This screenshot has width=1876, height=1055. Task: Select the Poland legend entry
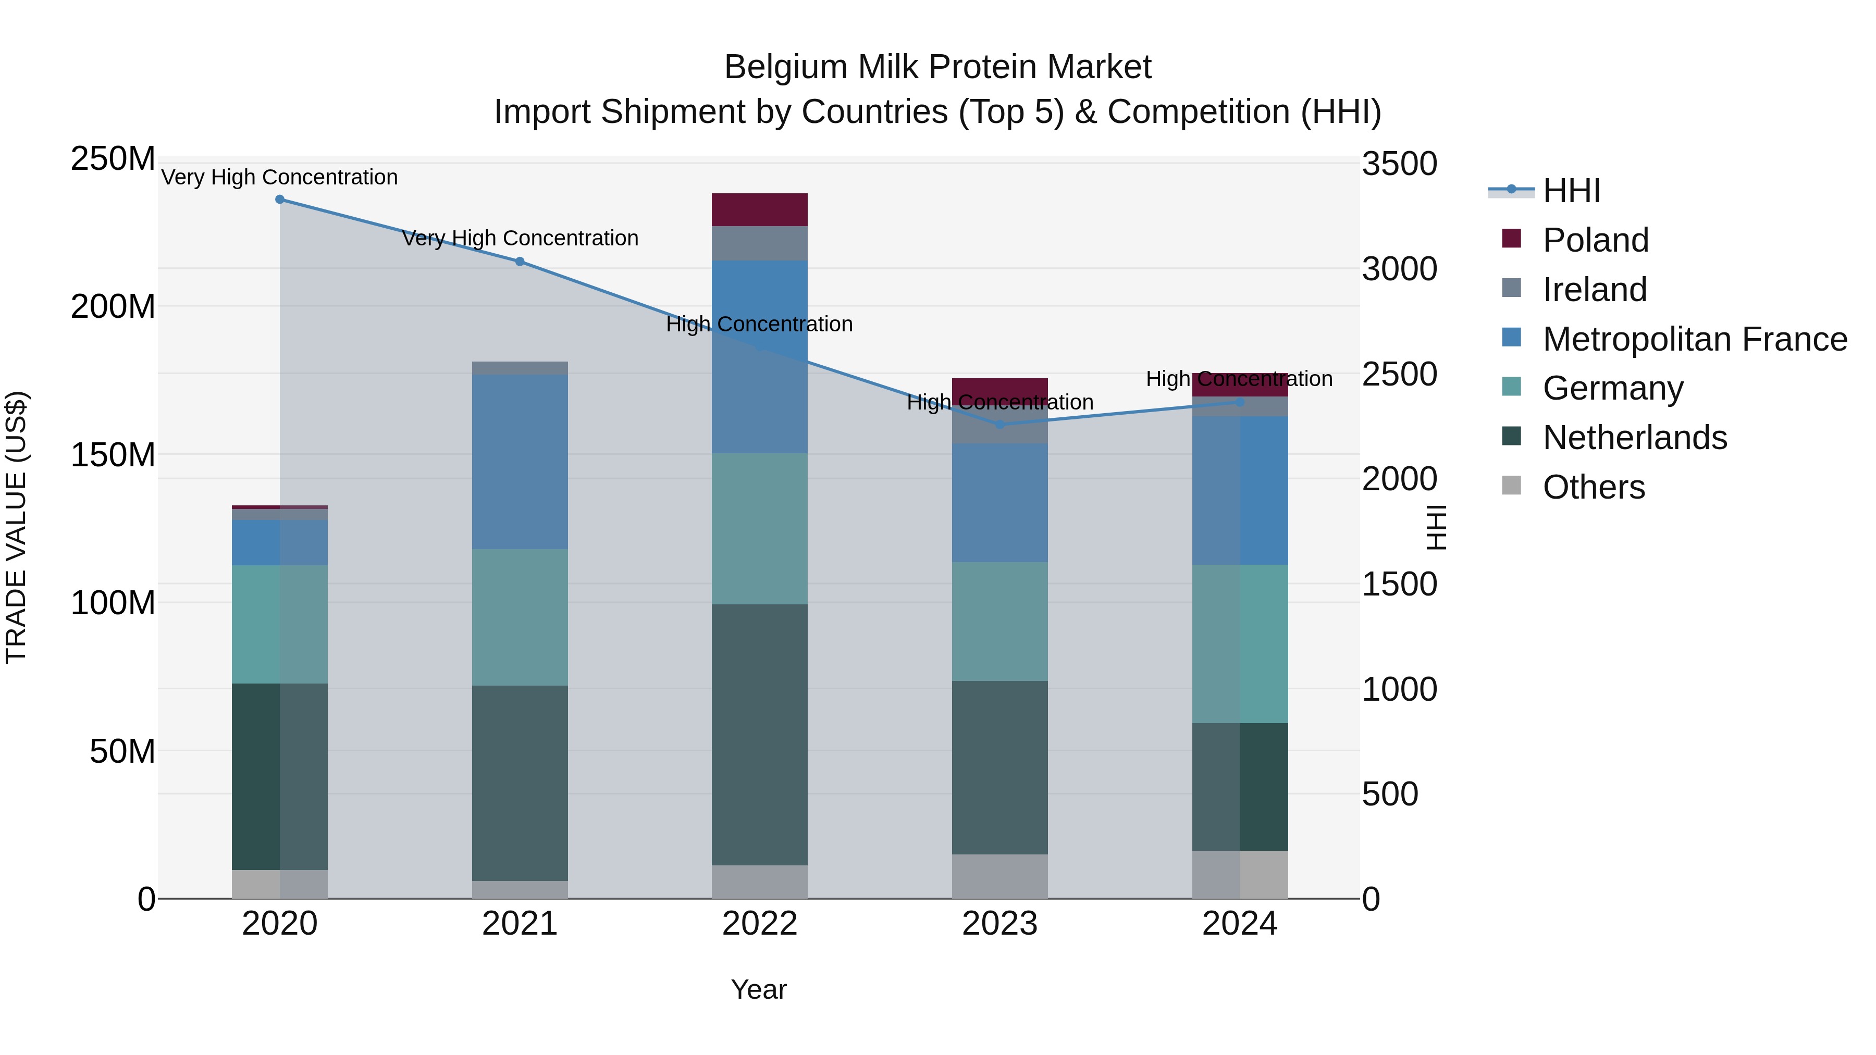1595,240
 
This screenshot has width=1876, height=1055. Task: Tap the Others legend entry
1594,487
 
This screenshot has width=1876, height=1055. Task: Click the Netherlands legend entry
1634,438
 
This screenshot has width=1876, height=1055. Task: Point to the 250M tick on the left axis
113,159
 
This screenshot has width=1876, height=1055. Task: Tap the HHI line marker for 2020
280,200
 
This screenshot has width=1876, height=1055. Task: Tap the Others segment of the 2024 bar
1240,874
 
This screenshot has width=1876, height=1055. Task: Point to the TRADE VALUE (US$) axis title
16,527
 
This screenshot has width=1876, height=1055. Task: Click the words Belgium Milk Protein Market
937,67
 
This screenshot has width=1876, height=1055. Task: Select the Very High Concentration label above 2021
520,238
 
